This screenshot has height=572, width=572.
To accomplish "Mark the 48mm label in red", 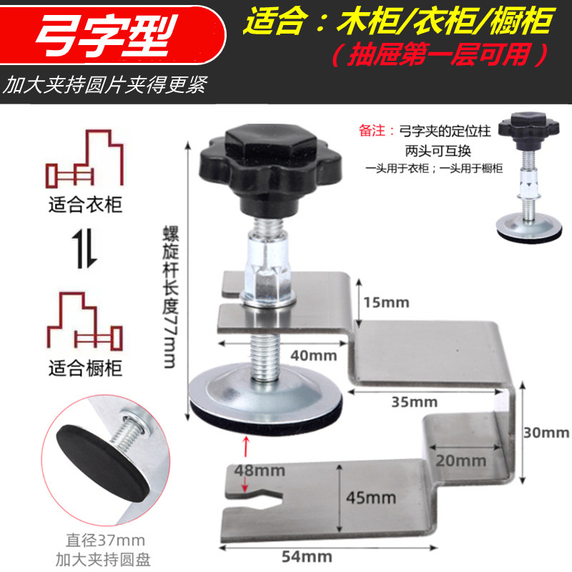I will (262, 470).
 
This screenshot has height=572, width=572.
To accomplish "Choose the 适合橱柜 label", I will (85, 368).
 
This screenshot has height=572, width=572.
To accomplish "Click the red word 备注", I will (375, 131).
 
